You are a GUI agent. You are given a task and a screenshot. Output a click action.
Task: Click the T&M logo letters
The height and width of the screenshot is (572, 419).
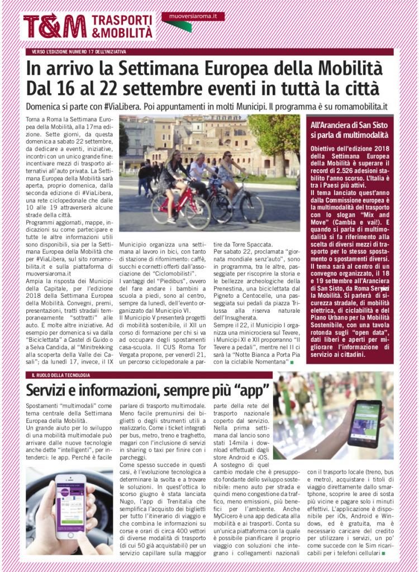point(55,26)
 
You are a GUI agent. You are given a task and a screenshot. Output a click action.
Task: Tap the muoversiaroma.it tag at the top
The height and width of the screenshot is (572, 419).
point(193,17)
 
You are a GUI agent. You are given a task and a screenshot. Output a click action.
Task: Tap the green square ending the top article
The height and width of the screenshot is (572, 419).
point(291,362)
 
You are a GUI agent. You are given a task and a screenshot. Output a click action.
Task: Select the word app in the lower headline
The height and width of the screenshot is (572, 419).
point(253,388)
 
